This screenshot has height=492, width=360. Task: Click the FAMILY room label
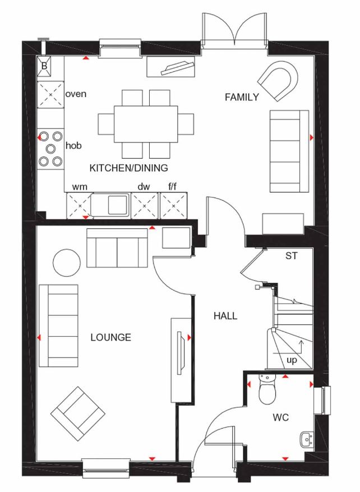242,97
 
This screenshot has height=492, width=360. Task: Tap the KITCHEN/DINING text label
129,168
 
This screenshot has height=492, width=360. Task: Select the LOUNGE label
110,337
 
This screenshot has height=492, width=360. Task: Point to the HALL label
225,316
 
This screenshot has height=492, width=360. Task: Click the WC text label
280,418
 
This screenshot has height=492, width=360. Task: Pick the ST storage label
291,256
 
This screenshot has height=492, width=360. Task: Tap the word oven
76,94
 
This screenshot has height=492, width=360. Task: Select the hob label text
73,146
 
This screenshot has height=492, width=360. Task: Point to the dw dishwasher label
144,186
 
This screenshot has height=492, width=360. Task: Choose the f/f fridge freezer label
172,186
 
